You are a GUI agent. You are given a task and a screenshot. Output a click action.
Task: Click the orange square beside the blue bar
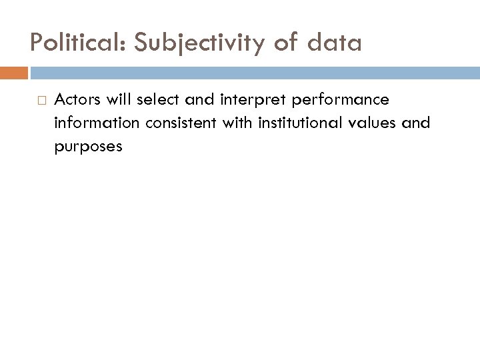click(x=14, y=72)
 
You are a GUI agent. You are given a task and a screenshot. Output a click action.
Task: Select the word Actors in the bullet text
click(x=75, y=101)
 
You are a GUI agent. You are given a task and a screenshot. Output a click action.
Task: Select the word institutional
click(x=274, y=123)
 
